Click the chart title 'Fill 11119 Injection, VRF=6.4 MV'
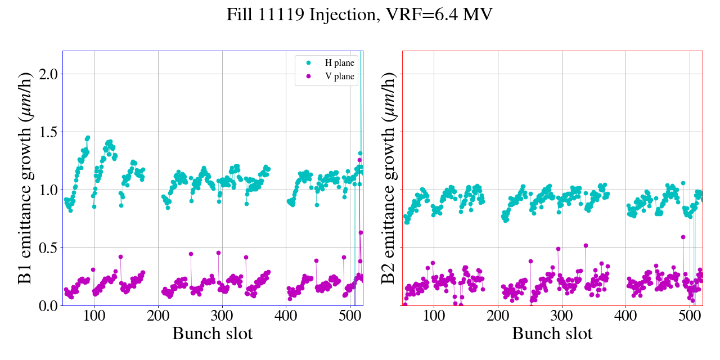[359, 15]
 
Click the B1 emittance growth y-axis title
[25, 178]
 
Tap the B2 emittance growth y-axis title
[388, 178]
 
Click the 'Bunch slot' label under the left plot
[212, 334]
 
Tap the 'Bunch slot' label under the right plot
[552, 334]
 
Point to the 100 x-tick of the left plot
[94, 316]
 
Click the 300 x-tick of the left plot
[222, 316]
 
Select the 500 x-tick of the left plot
[350, 316]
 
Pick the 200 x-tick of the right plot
[498, 316]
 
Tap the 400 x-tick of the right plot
[625, 316]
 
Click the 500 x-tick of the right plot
[690, 316]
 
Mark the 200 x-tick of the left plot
[158, 316]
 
